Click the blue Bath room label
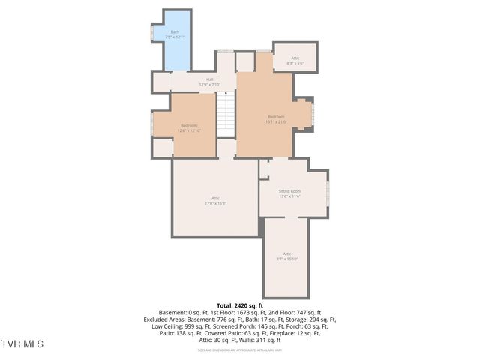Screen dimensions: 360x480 [175, 34]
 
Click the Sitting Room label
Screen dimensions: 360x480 [289, 193]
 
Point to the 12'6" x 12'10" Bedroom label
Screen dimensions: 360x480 [189, 127]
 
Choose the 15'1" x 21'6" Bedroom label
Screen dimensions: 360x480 [276, 118]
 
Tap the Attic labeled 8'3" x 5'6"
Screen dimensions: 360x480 [295, 60]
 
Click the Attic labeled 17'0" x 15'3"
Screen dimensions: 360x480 [215, 200]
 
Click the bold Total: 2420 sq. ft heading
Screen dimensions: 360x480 [239, 306]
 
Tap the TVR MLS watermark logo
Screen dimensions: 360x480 [22, 343]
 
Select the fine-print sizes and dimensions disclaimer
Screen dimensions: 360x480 [239, 349]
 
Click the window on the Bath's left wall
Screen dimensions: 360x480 [153, 34]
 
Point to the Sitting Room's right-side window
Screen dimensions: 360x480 [328, 193]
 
